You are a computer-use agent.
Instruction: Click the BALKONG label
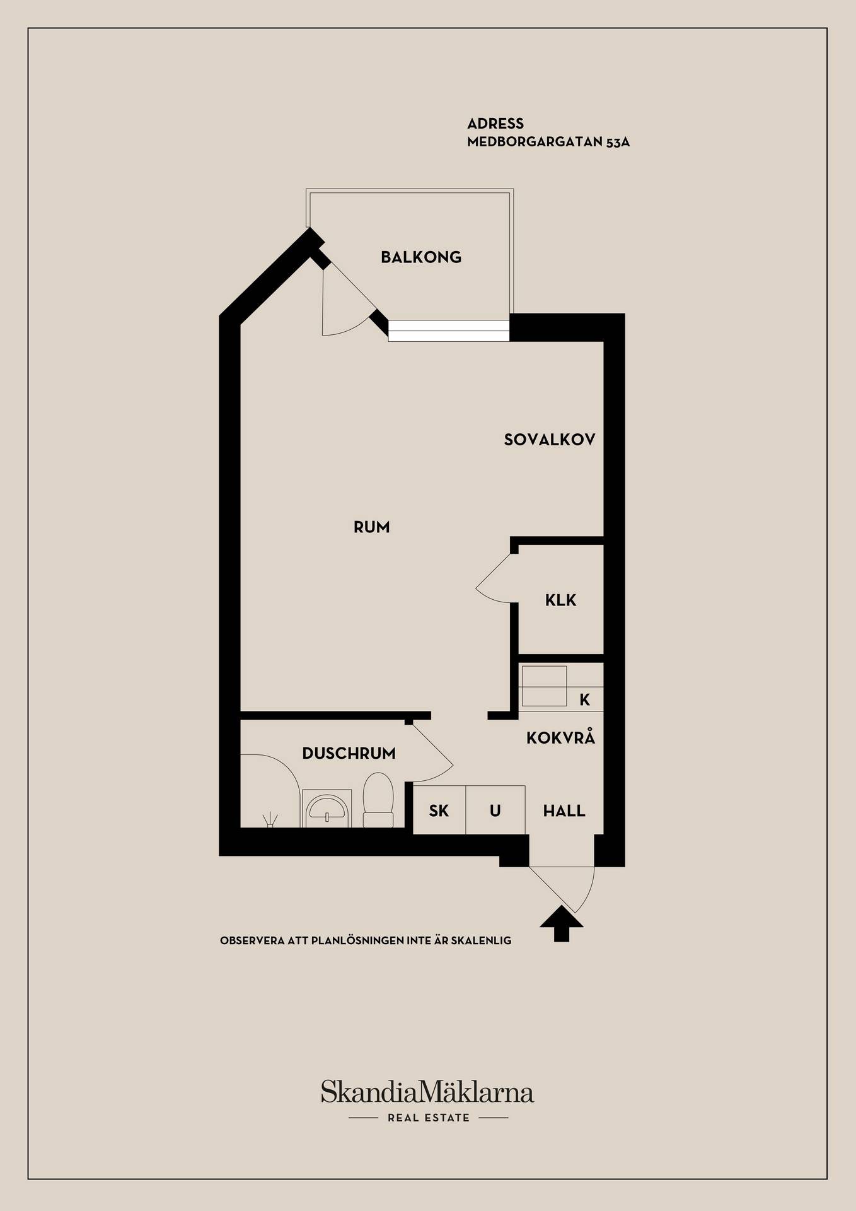point(421,257)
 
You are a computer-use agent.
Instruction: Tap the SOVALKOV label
point(550,440)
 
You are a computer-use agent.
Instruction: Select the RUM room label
point(371,527)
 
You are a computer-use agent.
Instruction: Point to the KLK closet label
point(560,600)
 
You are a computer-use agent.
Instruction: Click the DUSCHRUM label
point(349,753)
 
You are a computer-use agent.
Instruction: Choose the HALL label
point(564,810)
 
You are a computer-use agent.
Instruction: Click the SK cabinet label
point(439,810)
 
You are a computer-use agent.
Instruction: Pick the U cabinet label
point(495,810)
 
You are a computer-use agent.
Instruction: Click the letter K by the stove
point(585,699)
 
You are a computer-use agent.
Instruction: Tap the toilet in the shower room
point(378,800)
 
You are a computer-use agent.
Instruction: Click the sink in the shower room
point(327,808)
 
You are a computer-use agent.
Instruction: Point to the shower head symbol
point(270,819)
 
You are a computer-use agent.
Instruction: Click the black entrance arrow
point(562,924)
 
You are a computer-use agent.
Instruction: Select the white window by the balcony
point(449,331)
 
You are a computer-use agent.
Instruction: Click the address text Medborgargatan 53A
point(548,142)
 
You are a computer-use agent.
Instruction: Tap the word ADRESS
point(495,124)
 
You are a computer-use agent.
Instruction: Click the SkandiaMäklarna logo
point(427,1092)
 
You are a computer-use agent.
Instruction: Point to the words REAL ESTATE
point(429,1118)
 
